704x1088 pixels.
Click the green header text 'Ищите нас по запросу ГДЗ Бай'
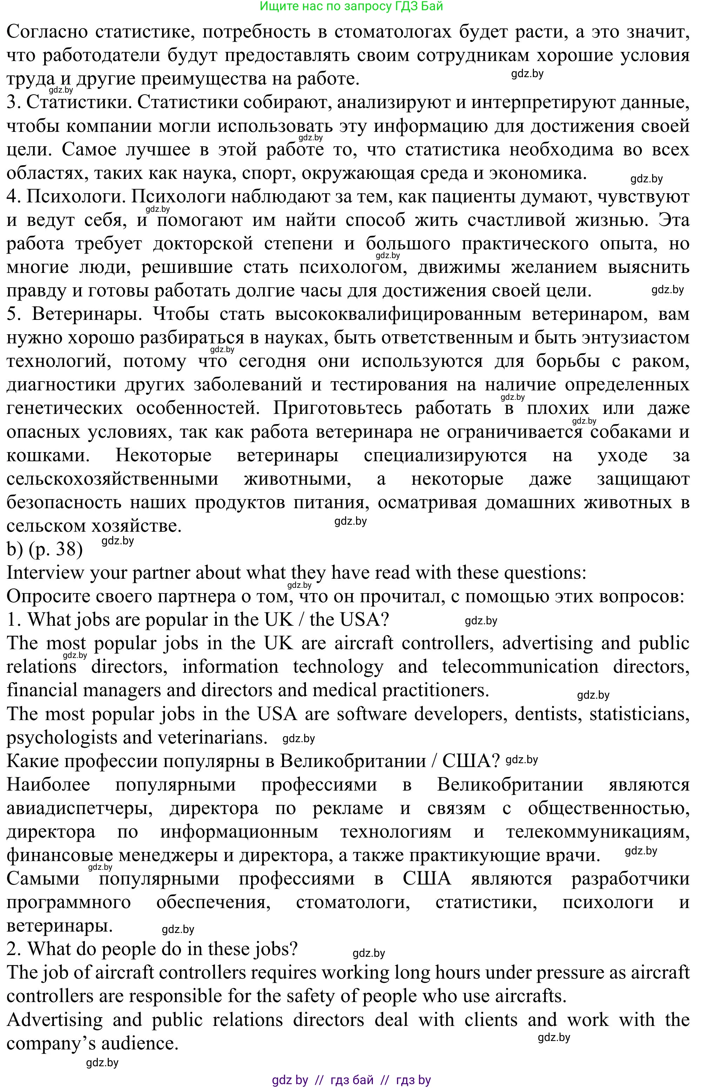click(x=351, y=6)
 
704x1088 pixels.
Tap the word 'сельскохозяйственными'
click(x=113, y=479)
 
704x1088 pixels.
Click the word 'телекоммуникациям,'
click(x=597, y=832)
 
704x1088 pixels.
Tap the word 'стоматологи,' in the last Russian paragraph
click(x=353, y=902)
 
